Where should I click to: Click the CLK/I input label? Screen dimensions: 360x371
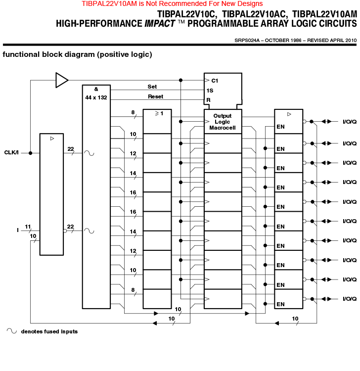(x=11, y=153)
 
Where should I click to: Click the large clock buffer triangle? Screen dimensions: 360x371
(x=62, y=80)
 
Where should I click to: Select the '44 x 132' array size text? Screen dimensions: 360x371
(x=96, y=97)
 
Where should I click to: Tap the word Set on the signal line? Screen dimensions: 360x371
(x=152, y=87)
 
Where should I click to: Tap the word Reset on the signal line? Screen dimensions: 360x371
(x=155, y=96)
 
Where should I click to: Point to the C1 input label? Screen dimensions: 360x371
(x=215, y=81)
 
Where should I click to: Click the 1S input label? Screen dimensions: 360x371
(x=210, y=91)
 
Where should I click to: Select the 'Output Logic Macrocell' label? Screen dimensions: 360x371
(x=223, y=122)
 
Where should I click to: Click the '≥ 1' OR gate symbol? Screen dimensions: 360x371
(x=159, y=114)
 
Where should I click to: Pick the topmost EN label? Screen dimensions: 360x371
(x=280, y=127)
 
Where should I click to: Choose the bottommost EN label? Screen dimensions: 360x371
(x=280, y=304)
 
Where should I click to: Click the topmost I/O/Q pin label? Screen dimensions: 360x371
(x=350, y=122)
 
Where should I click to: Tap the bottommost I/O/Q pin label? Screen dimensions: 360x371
(x=350, y=299)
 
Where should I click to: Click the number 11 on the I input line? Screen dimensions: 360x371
(x=28, y=227)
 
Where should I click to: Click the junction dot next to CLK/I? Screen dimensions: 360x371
(x=30, y=153)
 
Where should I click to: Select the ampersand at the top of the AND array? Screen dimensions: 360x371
(x=96, y=89)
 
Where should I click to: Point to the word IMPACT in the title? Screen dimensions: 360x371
(x=160, y=24)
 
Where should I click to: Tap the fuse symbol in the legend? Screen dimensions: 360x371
(x=12, y=331)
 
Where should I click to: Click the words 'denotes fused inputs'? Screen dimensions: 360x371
(x=49, y=331)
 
